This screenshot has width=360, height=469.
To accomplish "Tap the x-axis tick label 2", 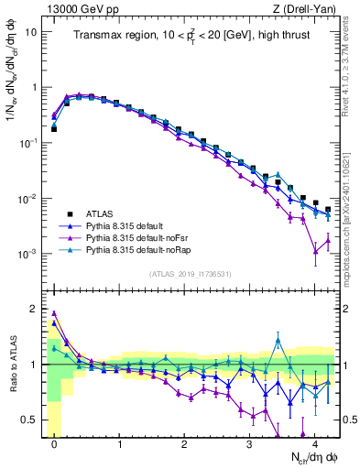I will [185, 441].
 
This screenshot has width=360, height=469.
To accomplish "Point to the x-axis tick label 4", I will [315, 441].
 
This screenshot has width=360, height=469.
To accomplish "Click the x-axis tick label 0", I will [55, 441].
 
